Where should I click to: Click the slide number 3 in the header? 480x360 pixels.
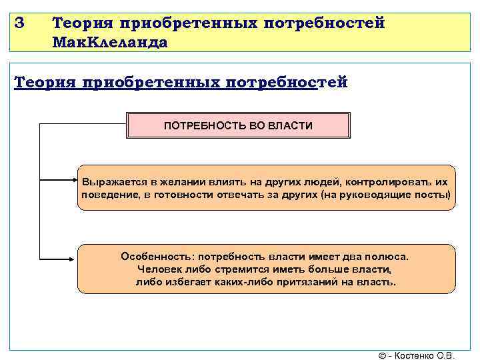(x=19, y=23)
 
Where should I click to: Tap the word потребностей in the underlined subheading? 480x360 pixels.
(x=287, y=82)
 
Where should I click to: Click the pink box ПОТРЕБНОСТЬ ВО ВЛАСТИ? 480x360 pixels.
(x=238, y=125)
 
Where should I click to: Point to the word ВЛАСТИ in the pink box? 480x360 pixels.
(x=294, y=125)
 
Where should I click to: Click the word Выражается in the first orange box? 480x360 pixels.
(x=111, y=182)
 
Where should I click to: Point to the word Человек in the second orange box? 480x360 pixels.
(x=158, y=269)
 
